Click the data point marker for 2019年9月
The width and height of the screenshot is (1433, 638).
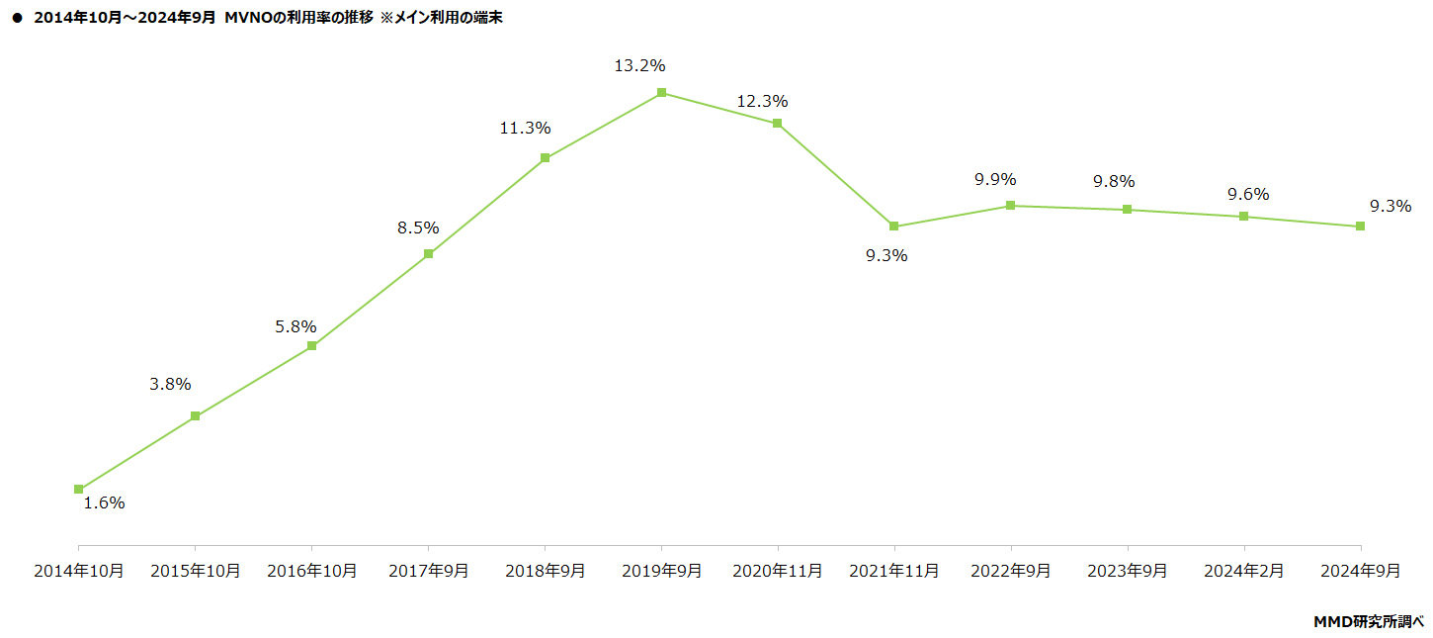661,93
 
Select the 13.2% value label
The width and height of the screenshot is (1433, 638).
640,66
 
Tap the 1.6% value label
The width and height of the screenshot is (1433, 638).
104,502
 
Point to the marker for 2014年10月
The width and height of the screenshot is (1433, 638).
79,489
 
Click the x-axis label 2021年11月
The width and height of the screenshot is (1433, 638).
894,572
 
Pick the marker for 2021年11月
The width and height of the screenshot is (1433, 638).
894,227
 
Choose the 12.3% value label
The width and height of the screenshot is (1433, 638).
762,101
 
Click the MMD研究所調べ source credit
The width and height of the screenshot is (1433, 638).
1368,622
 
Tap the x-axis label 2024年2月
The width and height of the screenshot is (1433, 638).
1243,572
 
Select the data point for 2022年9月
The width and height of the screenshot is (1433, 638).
1010,206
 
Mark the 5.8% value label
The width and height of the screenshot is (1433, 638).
295,325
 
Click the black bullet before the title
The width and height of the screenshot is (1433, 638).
17,18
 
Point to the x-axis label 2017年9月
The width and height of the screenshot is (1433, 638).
428,572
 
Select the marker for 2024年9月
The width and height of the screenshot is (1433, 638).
1360,227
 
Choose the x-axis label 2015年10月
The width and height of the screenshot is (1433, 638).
195,572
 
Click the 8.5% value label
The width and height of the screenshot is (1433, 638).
418,228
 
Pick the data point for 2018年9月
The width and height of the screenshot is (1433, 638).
545,158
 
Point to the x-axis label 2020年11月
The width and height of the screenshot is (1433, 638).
778,572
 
